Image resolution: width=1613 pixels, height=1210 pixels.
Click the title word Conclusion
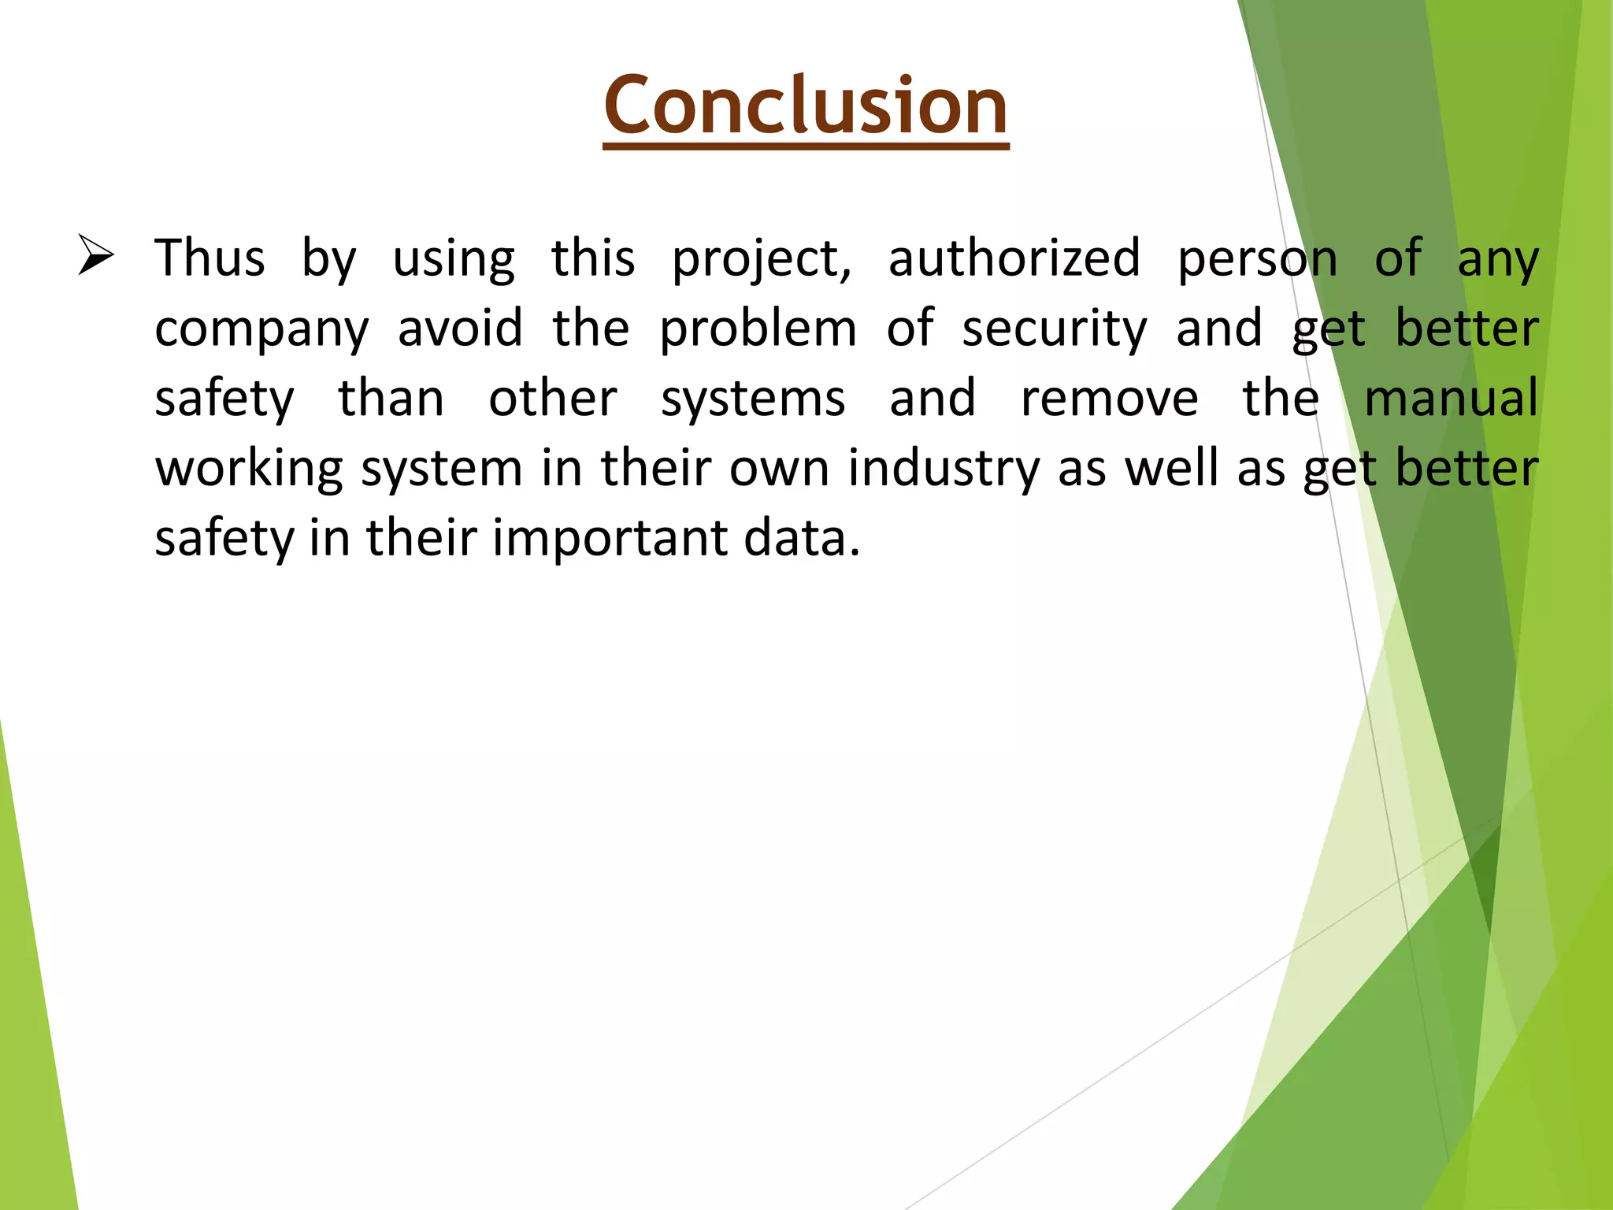click(x=806, y=106)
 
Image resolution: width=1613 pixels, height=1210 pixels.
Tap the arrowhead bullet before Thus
click(x=96, y=256)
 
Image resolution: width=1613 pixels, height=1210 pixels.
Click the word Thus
click(x=210, y=258)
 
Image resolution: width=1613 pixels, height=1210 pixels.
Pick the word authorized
click(x=1014, y=258)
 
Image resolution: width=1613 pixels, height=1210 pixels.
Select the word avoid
click(x=460, y=328)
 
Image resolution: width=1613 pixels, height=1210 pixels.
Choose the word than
click(x=391, y=398)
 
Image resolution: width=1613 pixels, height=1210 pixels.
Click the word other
click(x=553, y=398)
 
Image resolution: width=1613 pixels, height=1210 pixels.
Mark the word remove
click(x=1109, y=399)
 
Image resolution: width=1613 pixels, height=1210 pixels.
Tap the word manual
click(x=1451, y=398)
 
